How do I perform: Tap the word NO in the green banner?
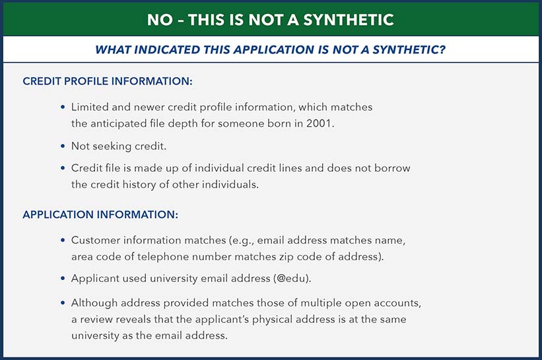coord(160,20)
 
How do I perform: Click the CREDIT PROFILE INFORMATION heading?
coord(108,81)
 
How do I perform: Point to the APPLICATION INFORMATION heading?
coord(100,215)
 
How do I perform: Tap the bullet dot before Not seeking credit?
coord(63,146)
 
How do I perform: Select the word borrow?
coord(393,168)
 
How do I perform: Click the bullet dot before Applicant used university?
coord(63,278)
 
